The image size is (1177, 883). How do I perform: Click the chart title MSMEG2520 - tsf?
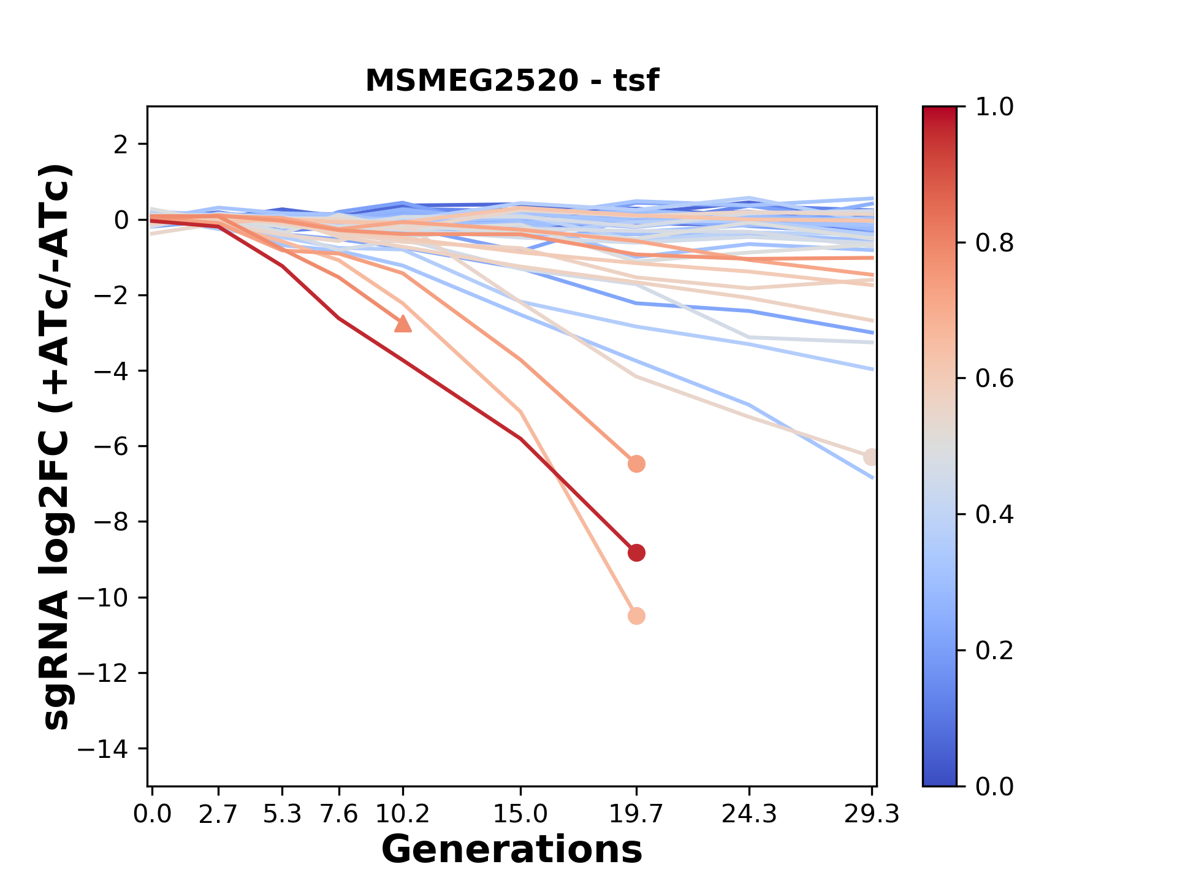tap(512, 81)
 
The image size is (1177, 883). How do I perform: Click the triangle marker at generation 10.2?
tap(403, 324)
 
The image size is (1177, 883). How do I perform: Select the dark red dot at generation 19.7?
tap(636, 552)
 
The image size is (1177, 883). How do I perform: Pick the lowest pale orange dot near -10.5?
tap(636, 616)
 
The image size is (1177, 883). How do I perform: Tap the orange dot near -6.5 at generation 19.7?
tap(636, 464)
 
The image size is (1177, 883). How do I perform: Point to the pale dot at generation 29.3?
tap(871, 457)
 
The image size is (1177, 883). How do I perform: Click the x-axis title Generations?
tap(512, 850)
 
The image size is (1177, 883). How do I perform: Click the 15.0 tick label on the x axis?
tap(520, 814)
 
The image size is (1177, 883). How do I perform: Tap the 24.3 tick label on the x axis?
tap(749, 814)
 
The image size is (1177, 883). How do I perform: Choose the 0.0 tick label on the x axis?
tap(153, 814)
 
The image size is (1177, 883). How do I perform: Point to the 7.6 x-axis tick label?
tap(339, 814)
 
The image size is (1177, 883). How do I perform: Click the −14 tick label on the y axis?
tap(111, 749)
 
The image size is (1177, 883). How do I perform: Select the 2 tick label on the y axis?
tap(122, 144)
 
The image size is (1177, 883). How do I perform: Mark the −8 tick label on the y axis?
tap(111, 522)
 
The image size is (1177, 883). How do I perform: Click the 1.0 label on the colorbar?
tap(994, 107)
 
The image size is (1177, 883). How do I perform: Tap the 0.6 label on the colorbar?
tap(994, 378)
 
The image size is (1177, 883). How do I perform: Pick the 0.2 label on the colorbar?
tap(994, 650)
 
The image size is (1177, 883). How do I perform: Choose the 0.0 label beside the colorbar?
tap(994, 786)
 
